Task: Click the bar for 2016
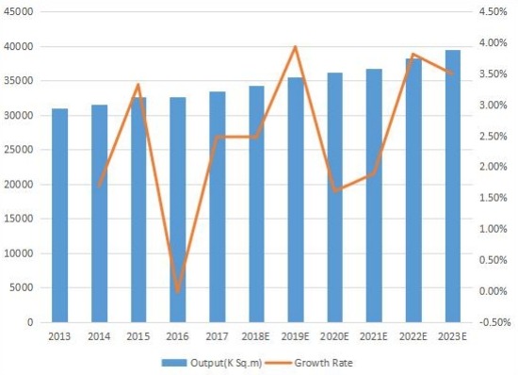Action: pos(177,212)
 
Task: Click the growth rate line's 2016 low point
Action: pos(177,291)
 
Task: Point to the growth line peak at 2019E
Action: pos(296,47)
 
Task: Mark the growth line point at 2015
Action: pos(138,85)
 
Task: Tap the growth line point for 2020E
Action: pos(335,190)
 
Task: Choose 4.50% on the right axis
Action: pos(494,12)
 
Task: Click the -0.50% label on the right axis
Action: pos(493,321)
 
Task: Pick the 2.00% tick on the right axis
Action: pos(494,167)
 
